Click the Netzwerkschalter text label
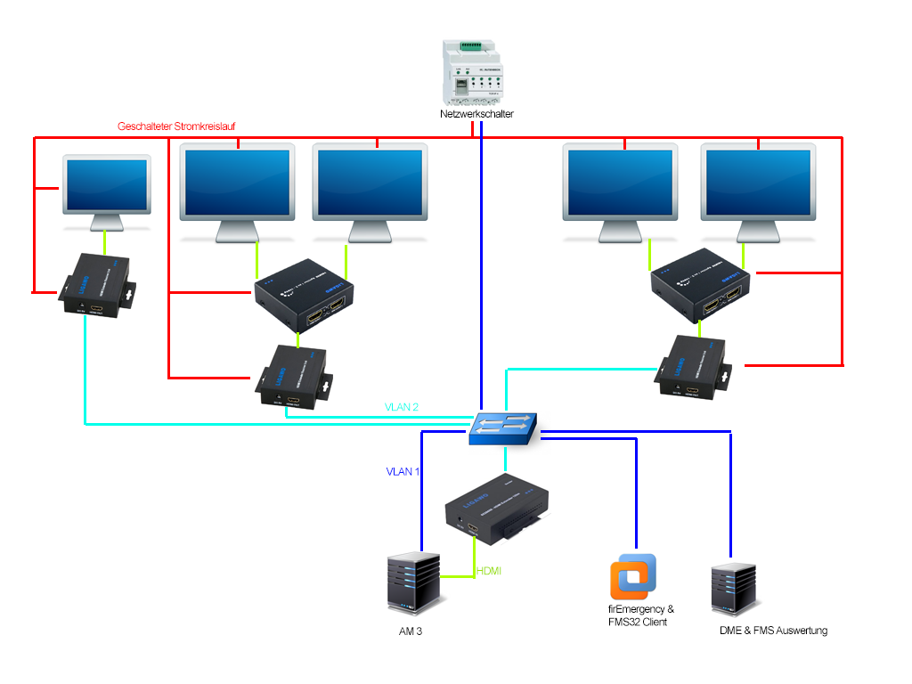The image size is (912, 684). click(476, 114)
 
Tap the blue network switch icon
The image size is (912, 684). click(503, 427)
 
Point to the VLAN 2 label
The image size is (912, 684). click(402, 407)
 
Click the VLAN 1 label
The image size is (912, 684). click(403, 471)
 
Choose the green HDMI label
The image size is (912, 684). click(489, 570)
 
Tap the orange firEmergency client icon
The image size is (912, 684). click(633, 577)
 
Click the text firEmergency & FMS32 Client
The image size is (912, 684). click(635, 615)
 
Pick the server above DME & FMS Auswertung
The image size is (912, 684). click(736, 588)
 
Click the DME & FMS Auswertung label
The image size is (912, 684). click(773, 631)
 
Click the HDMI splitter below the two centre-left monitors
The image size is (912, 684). click(304, 294)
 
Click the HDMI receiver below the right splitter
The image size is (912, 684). click(695, 370)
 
